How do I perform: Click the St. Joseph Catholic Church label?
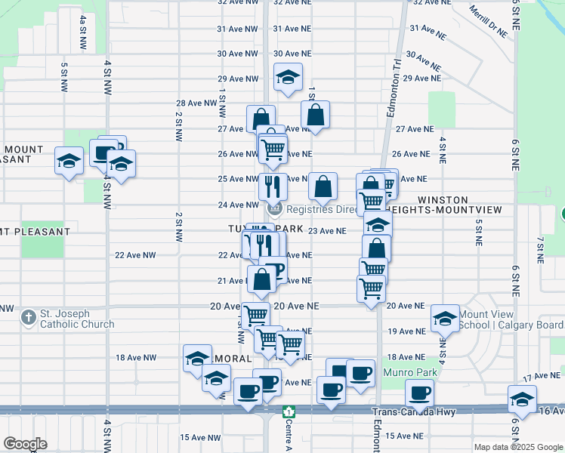click(77, 319)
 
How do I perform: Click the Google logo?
click(25, 444)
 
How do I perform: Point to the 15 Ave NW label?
click(200, 437)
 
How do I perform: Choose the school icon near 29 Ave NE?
click(288, 77)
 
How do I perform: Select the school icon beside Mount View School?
click(446, 319)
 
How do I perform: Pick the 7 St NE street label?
click(540, 249)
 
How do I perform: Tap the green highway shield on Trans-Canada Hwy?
click(287, 411)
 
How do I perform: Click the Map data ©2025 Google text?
click(517, 446)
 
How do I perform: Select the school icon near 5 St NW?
click(69, 161)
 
